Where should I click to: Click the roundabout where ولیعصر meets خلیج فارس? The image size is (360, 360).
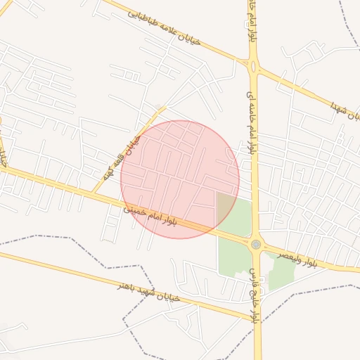(x=255, y=244)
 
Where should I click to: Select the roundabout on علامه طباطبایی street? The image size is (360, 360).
(x=253, y=67)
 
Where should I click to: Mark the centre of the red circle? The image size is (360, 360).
(x=180, y=179)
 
